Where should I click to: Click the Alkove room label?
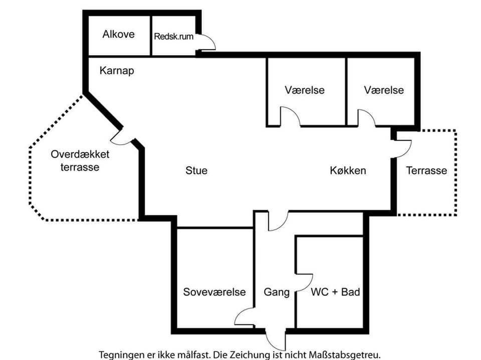(119, 35)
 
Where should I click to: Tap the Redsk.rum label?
(174, 36)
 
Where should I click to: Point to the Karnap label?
(117, 71)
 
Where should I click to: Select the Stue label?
(196, 170)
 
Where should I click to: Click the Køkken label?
(348, 170)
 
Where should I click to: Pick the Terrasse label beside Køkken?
(426, 170)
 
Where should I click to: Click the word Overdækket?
(80, 154)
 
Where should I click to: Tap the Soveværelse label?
(214, 292)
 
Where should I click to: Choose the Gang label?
(277, 292)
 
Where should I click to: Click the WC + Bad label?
(336, 292)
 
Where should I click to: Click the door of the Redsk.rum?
(207, 43)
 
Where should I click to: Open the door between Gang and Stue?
(279, 221)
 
